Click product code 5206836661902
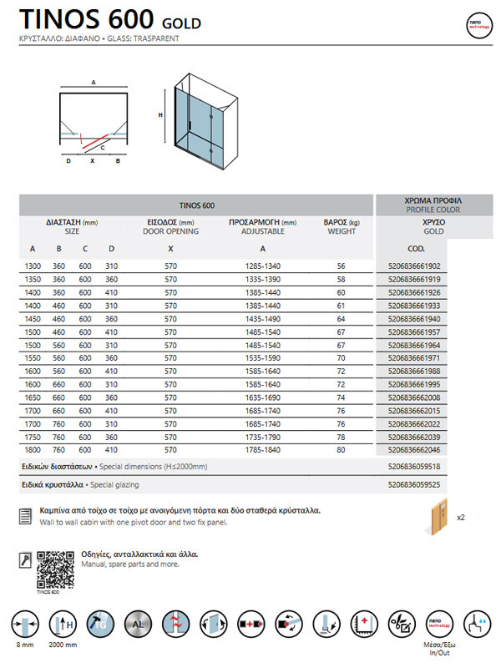click(x=414, y=266)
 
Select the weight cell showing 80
click(x=341, y=450)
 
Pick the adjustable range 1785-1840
click(x=262, y=450)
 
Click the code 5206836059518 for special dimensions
click(x=414, y=467)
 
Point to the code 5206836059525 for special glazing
click(x=414, y=484)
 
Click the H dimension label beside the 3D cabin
click(x=159, y=115)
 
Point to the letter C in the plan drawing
click(x=102, y=148)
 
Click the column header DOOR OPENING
click(x=170, y=230)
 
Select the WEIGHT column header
click(x=342, y=230)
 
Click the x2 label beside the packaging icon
click(x=461, y=518)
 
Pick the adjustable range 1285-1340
click(x=262, y=266)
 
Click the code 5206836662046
click(x=414, y=450)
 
